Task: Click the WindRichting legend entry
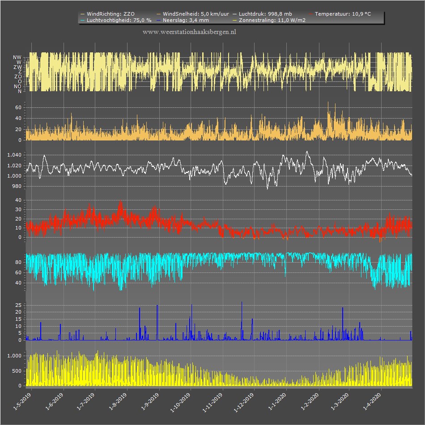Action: tap(108, 14)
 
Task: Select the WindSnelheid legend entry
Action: tap(193, 14)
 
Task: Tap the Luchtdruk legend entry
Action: tap(262, 14)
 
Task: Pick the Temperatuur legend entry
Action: tap(340, 14)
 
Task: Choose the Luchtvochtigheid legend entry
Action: tap(116, 20)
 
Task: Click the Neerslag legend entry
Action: tap(183, 20)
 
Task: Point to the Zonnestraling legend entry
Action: tap(269, 20)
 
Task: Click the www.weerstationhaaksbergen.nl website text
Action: tap(189, 32)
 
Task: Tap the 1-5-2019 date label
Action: tap(22, 402)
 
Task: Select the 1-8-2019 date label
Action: tap(118, 402)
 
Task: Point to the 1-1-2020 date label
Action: tap(277, 402)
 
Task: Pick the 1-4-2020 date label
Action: tap(372, 402)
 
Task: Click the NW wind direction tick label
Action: tap(17, 57)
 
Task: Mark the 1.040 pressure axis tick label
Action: tap(14, 155)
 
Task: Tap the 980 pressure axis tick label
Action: tap(17, 187)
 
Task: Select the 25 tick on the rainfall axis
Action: tap(18, 305)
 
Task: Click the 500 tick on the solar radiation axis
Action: tap(17, 371)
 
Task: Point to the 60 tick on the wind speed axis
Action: tap(18, 108)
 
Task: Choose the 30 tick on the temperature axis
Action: tap(18, 209)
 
